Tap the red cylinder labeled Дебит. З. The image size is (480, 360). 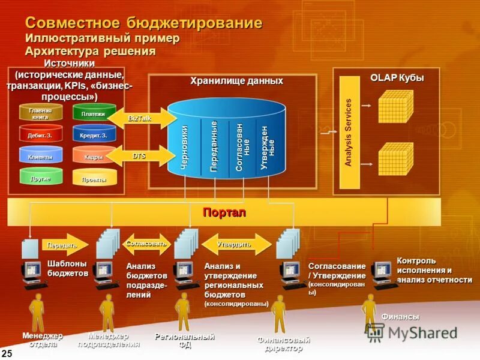[40, 135]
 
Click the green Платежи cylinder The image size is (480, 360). [94, 113]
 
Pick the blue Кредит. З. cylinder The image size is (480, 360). [94, 135]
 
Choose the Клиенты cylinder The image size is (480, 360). [40, 157]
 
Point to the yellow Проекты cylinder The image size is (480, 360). [94, 179]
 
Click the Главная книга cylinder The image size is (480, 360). [40, 113]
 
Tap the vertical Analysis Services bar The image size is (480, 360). [349, 132]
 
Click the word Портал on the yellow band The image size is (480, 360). [224, 212]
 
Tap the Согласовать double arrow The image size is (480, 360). [146, 244]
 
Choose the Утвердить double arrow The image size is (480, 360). [234, 244]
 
